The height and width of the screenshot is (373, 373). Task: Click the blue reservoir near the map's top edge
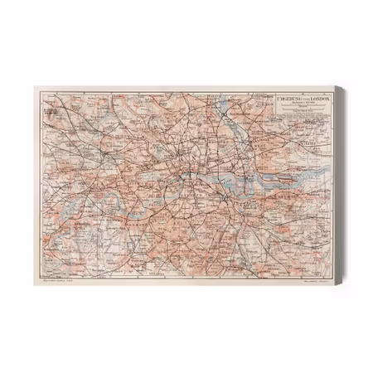[213, 104]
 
